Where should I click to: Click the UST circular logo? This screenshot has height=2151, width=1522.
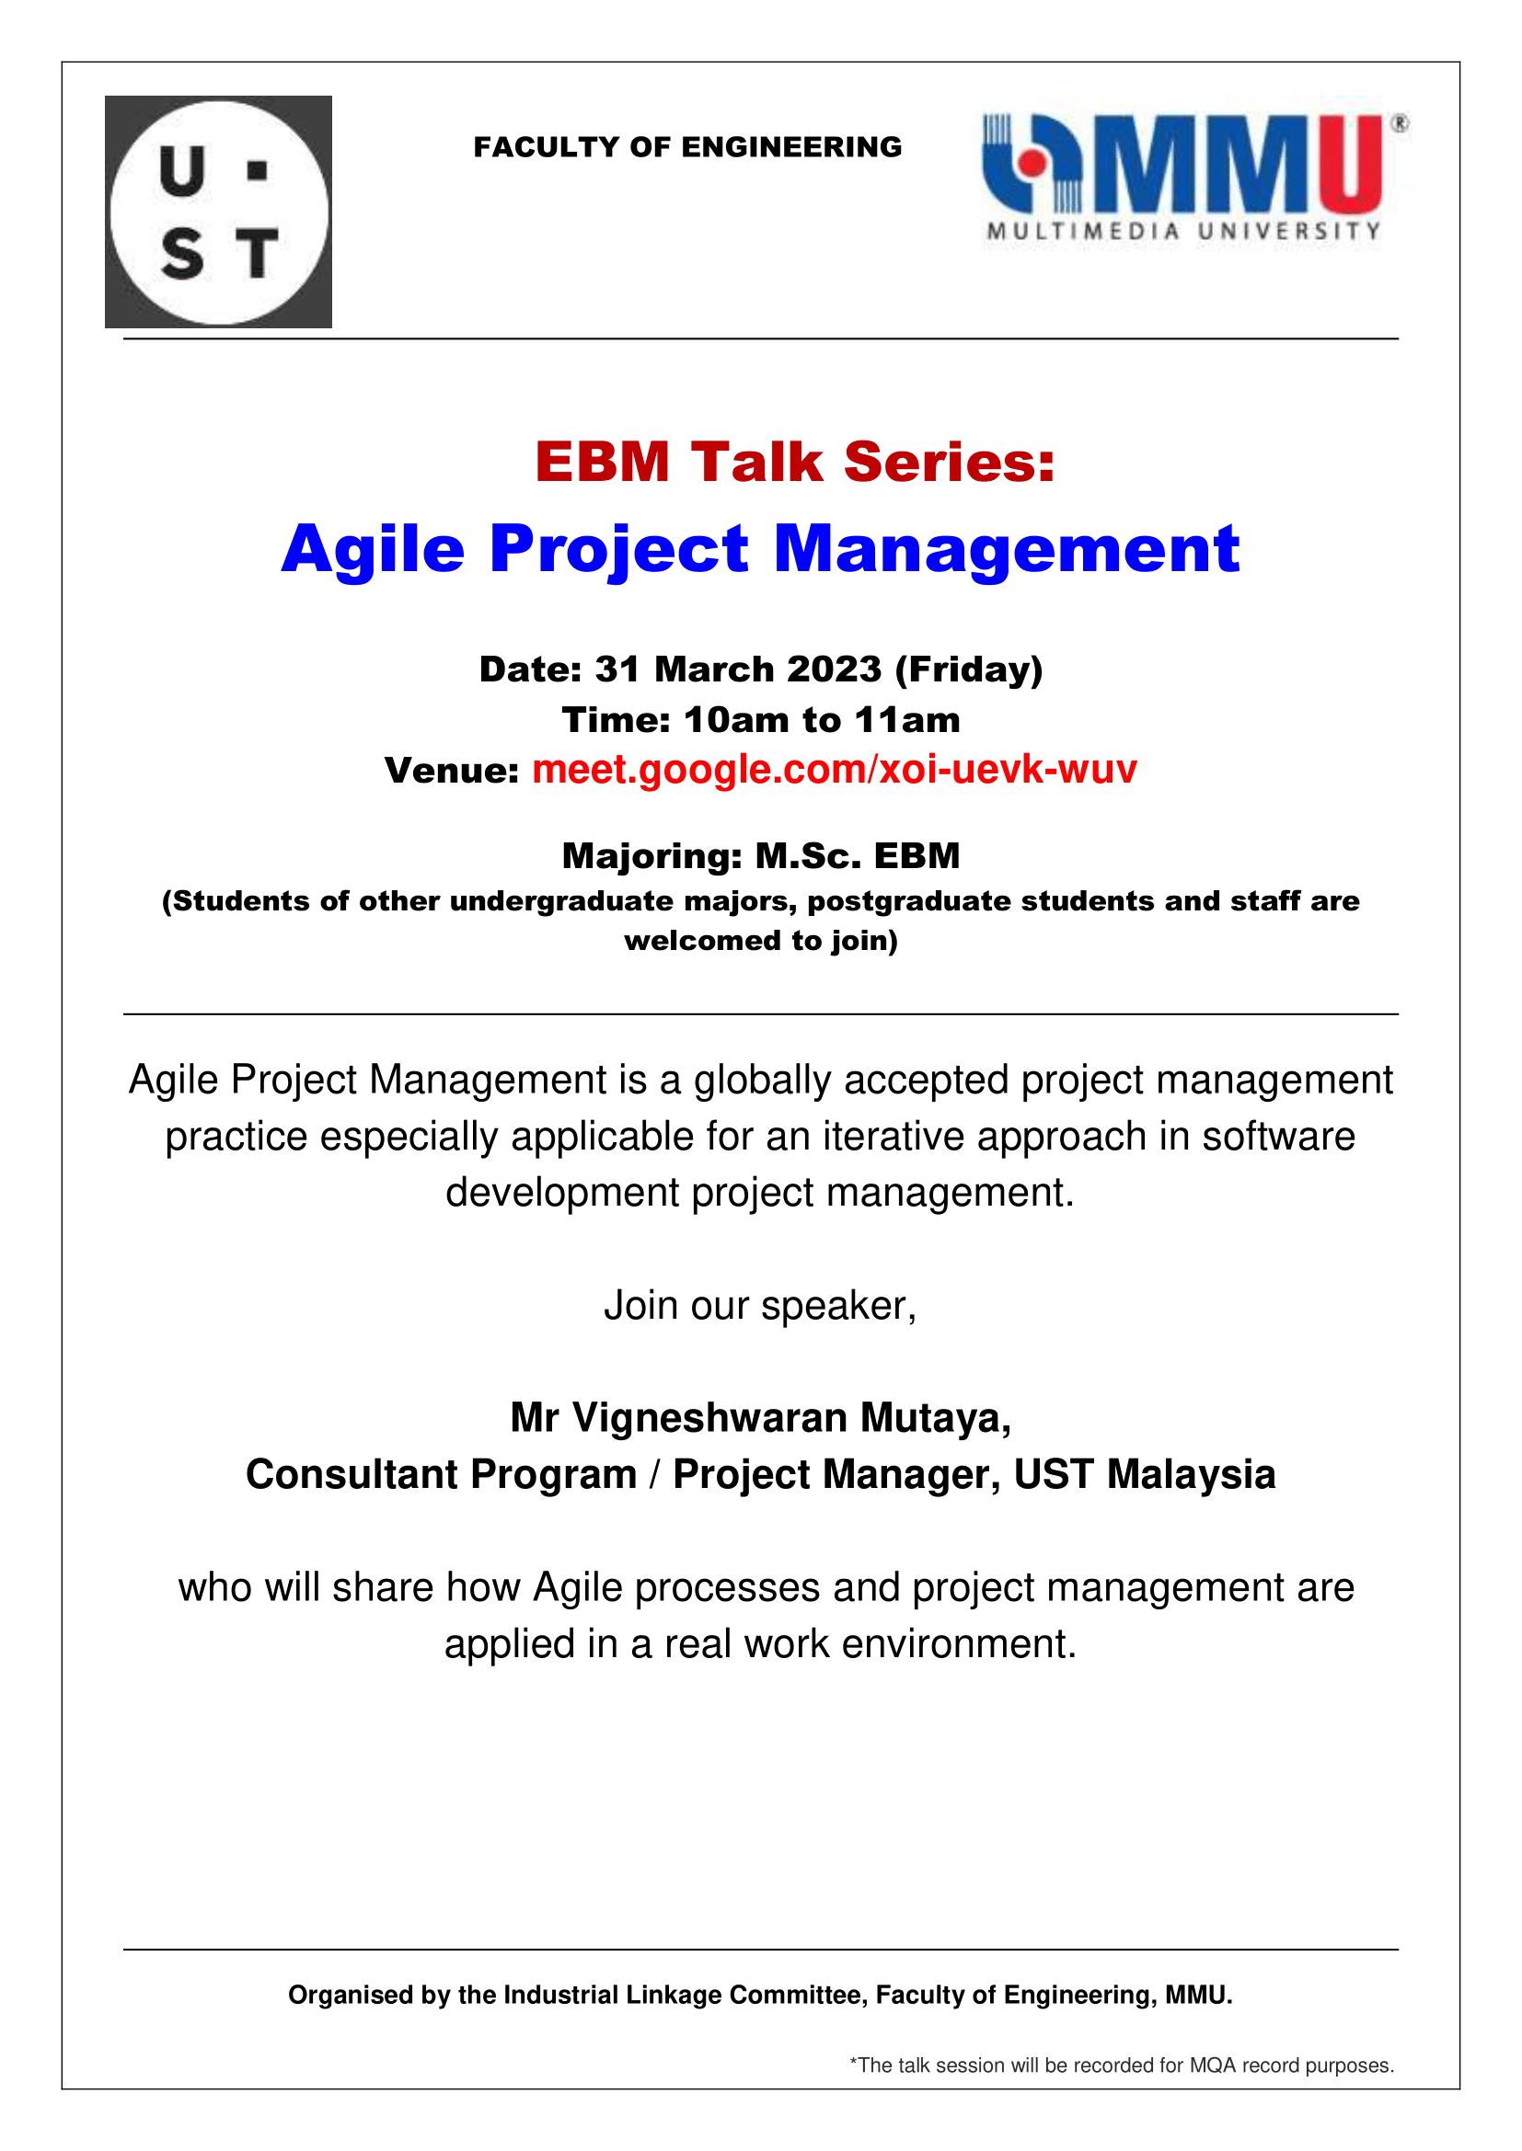coord(218,212)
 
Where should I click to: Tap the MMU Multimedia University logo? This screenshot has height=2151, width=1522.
coord(1195,178)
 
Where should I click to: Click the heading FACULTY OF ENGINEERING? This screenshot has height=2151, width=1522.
coord(688,147)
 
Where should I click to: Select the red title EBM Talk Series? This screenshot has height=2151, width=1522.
coord(795,462)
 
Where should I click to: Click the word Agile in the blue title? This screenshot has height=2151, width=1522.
coord(373,551)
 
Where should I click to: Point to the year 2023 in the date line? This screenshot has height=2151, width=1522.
coord(834,669)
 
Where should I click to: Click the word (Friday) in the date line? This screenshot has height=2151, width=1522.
coord(969,669)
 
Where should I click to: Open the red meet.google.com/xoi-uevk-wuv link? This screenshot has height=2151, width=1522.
coord(834,770)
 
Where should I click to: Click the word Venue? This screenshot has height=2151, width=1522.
coord(452,770)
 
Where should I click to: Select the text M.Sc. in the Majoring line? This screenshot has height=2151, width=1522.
coord(808,855)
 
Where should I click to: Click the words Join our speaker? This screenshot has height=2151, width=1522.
coord(760,1306)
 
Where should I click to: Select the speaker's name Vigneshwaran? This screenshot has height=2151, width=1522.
coord(710,1418)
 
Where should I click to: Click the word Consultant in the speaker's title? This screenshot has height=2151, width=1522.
coord(352,1473)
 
